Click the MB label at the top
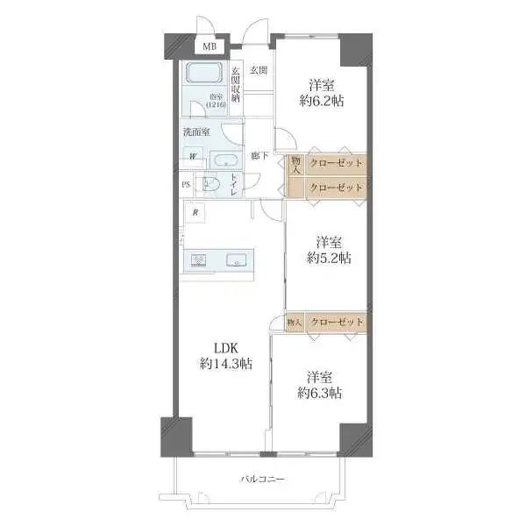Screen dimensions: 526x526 click(210, 46)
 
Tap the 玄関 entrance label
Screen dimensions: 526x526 click(257, 70)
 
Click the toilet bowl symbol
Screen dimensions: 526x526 click(210, 184)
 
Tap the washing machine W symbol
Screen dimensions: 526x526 click(192, 159)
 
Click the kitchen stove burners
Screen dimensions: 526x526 click(198, 259)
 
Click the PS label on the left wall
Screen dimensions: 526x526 click(185, 184)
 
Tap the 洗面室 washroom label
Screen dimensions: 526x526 click(195, 131)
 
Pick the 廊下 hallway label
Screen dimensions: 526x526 click(259, 156)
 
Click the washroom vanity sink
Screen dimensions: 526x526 click(224, 160)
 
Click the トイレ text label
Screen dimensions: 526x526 click(233, 186)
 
